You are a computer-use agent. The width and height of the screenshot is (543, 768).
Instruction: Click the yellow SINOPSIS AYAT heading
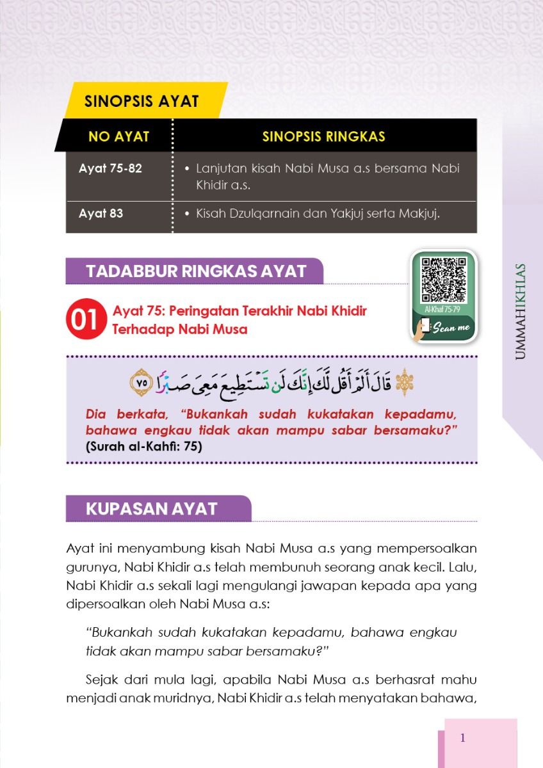click(142, 101)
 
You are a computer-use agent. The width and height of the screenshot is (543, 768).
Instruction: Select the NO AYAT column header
click(118, 136)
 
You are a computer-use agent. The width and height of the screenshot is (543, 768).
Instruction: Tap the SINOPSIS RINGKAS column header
click(323, 136)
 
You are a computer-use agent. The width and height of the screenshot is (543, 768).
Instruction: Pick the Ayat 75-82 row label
click(110, 169)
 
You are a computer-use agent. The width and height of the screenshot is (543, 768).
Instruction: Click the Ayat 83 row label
click(101, 213)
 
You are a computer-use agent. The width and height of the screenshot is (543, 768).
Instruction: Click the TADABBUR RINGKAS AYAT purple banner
click(196, 271)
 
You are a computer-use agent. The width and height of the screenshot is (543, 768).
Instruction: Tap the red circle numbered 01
click(84, 320)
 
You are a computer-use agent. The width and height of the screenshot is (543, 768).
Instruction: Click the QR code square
click(444, 280)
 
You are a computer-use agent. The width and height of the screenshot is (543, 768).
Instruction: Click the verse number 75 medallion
click(142, 383)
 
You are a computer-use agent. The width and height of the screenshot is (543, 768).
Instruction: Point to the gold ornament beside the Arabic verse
click(404, 383)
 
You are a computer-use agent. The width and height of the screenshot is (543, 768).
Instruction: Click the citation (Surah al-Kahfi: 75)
click(143, 447)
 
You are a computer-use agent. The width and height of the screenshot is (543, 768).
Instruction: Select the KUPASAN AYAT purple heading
click(152, 509)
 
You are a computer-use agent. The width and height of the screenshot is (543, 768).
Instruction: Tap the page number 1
click(462, 738)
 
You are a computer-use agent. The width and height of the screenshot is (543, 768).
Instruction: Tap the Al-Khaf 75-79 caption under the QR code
click(442, 309)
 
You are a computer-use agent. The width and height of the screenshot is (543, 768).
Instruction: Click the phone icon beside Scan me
click(423, 328)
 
